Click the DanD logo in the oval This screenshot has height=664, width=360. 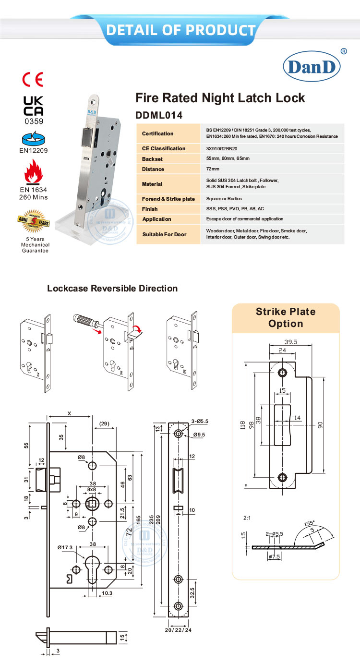(312, 67)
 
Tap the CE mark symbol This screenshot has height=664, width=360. (33, 78)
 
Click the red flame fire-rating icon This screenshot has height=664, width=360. (33, 173)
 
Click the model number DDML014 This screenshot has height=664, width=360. (160, 115)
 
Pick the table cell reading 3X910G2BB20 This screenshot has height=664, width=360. (222, 148)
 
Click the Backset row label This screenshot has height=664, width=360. (153, 159)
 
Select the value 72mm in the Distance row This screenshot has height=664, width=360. (212, 169)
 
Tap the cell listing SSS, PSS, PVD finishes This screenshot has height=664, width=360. (234, 209)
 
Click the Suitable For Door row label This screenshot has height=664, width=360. (164, 234)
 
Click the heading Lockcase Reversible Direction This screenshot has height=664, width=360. (112, 289)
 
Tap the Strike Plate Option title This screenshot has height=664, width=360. (286, 317)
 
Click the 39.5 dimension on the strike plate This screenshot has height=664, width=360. (288, 342)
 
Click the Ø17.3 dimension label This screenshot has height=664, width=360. (64, 547)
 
